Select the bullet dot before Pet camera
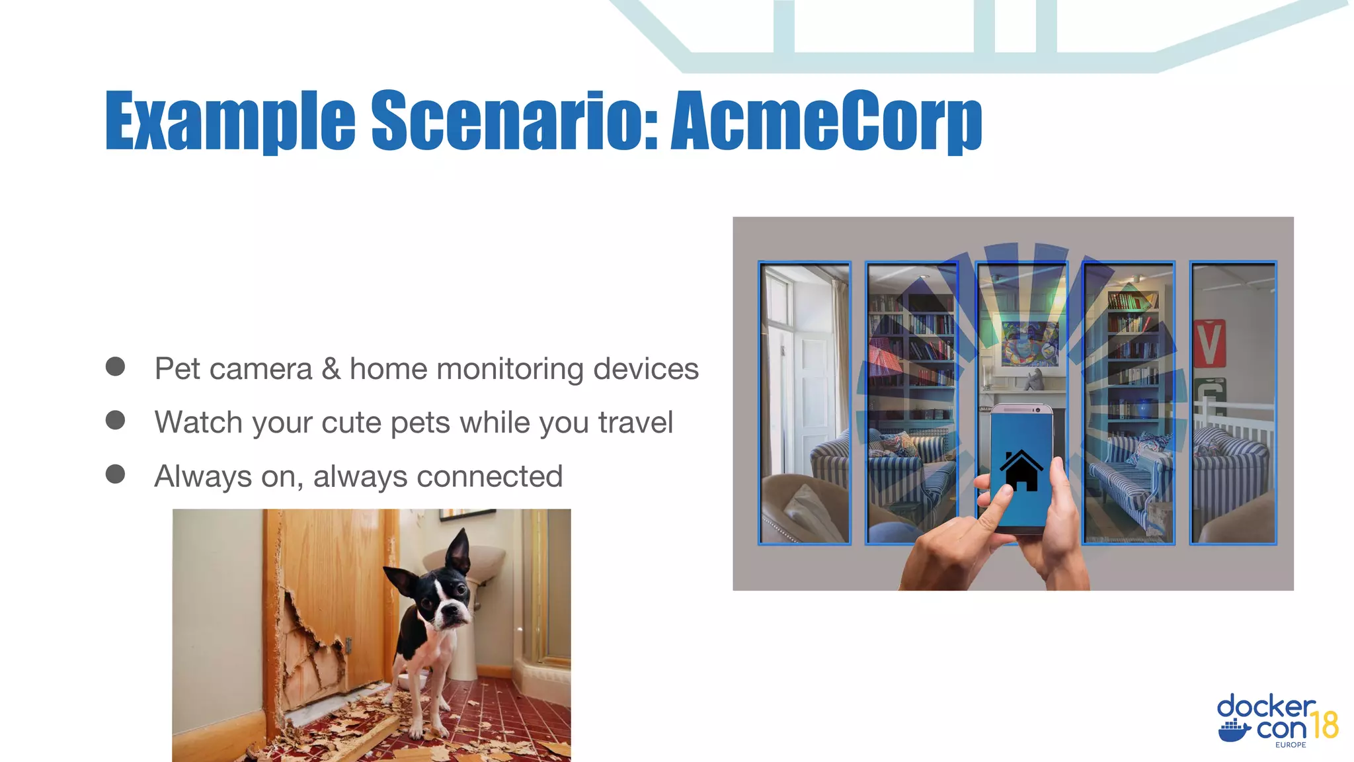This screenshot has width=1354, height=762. [115, 366]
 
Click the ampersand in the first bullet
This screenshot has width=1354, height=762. [331, 369]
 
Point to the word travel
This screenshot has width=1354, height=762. [635, 423]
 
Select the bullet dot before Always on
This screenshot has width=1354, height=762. [115, 474]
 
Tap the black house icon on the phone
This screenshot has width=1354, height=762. [1021, 470]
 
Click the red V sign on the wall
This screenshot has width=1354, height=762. [1209, 343]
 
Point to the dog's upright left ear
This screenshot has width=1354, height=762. [459, 550]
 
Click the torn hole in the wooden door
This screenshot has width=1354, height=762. [311, 635]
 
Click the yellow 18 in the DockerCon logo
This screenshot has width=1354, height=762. [1324, 725]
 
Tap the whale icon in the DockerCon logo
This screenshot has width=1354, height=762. [1234, 732]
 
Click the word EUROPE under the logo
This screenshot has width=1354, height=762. [1291, 745]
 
